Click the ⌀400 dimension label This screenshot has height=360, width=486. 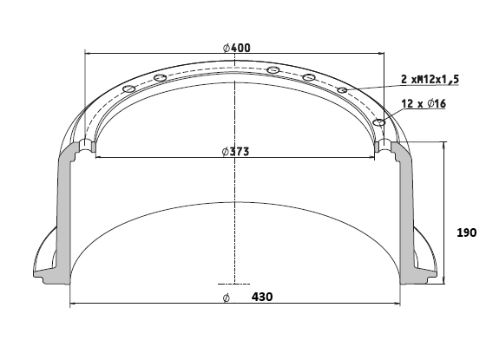click(236, 48)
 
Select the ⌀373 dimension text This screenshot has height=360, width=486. click(235, 152)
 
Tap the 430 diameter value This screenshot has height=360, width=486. click(262, 297)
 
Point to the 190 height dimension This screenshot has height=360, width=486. click(467, 232)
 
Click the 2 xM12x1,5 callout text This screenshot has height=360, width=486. click(430, 79)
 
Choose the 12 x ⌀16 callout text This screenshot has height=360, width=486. click(424, 103)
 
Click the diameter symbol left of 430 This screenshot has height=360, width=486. click(227, 298)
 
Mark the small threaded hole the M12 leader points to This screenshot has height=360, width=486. click(342, 90)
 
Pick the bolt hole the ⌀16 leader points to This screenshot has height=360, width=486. click(379, 122)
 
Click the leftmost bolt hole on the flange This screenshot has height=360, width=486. click(129, 88)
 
